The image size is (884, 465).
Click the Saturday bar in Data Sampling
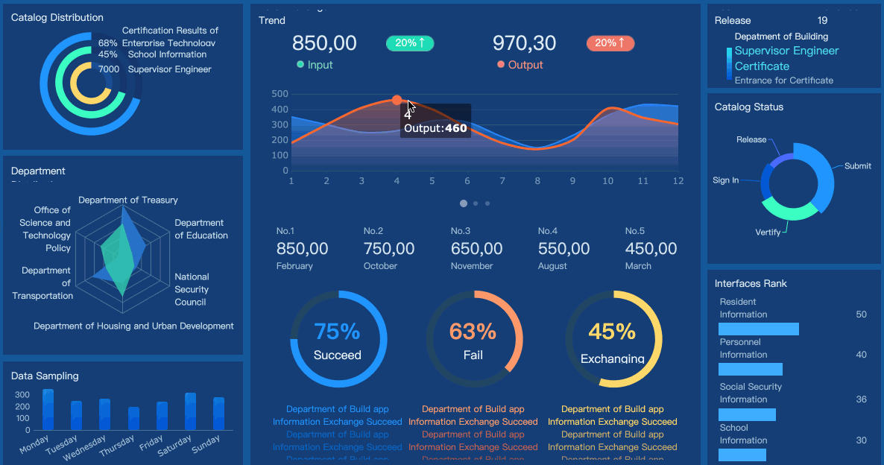click(190, 411)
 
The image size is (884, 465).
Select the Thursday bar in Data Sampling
click(133, 419)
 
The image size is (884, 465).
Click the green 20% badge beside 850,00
click(410, 43)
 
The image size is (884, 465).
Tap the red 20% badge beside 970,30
click(610, 43)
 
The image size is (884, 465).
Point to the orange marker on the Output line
click(397, 100)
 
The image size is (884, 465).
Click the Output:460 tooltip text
click(435, 128)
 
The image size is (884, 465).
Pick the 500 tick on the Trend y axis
click(280, 94)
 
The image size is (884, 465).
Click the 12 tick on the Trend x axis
click(678, 181)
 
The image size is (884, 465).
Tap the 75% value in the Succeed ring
click(337, 331)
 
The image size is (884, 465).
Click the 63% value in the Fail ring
click(473, 331)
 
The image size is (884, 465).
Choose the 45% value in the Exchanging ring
click(612, 331)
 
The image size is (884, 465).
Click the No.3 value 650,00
click(476, 249)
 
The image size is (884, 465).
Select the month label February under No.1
click(294, 266)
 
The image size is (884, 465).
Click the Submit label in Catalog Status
click(857, 166)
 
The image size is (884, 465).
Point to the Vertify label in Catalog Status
click(768, 232)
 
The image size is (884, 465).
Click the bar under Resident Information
click(758, 329)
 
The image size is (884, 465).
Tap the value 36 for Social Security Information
click(861, 399)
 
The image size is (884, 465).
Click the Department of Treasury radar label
click(128, 200)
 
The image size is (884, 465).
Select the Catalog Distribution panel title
click(57, 17)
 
